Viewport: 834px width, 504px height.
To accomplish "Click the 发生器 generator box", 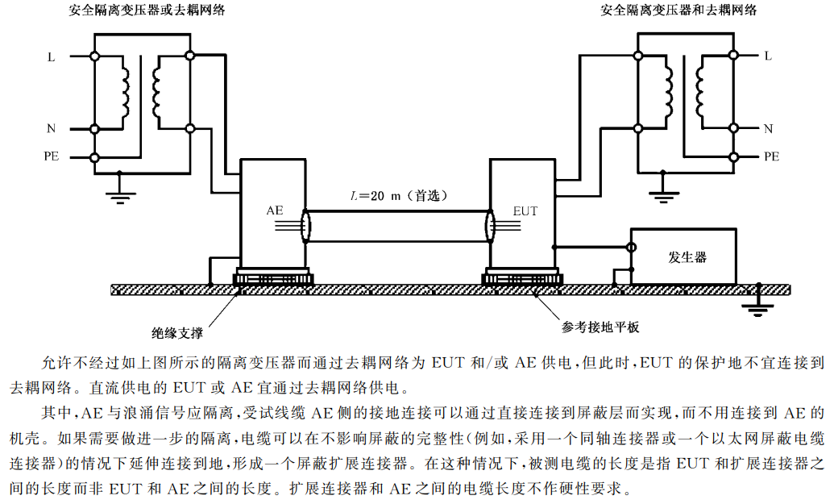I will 683,256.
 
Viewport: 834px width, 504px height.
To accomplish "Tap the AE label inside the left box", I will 275,210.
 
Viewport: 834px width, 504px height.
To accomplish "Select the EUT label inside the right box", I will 525,212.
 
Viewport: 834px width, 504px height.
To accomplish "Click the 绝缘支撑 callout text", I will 177,333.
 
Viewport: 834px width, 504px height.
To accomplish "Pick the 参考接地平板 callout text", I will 601,327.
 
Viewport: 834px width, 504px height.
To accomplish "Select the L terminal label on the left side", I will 51,56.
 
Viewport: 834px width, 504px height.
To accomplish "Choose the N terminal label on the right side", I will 768,128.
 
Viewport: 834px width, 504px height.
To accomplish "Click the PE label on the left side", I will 51,157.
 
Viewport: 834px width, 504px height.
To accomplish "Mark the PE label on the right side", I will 771,157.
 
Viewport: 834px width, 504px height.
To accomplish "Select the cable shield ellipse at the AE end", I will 305,226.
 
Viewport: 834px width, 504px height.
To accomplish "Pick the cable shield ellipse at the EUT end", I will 489,226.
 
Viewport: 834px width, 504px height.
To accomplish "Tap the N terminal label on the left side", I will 51,128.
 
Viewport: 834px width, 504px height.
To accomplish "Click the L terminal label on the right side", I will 768,56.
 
